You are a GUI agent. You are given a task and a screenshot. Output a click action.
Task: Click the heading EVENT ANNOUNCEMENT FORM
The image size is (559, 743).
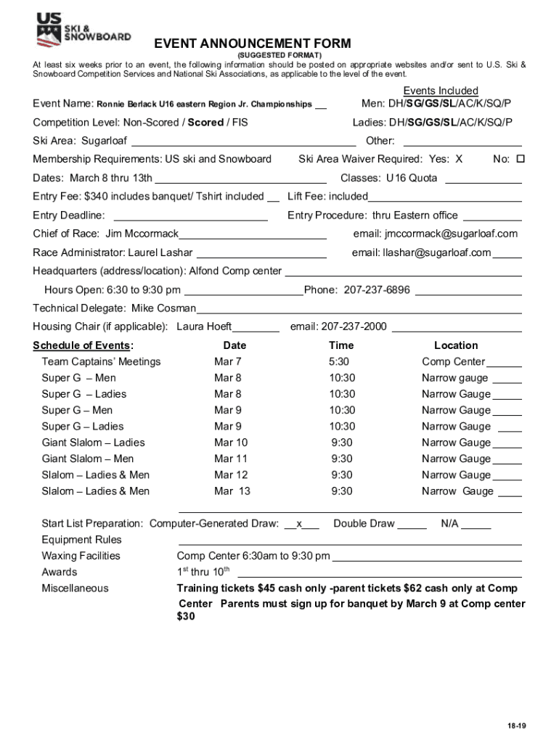(252, 44)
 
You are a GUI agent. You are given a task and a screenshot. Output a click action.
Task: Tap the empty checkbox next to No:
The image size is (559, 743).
(519, 159)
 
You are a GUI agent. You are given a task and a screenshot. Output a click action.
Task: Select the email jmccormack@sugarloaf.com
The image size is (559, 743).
(436, 234)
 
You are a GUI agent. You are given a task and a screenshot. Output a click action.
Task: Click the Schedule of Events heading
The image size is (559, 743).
(83, 345)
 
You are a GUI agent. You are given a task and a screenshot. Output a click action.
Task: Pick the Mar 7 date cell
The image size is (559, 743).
(228, 362)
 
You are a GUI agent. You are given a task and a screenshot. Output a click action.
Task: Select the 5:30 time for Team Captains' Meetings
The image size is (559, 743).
(339, 362)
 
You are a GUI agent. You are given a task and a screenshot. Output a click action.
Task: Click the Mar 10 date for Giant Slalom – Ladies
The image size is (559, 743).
(231, 443)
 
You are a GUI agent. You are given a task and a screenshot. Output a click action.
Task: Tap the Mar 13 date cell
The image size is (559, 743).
(232, 491)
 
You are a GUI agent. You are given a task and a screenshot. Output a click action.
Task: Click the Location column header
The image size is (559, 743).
(456, 345)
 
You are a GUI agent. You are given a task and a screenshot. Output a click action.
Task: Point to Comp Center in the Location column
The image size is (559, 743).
(453, 362)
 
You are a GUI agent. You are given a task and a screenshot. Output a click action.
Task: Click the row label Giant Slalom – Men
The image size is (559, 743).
(88, 459)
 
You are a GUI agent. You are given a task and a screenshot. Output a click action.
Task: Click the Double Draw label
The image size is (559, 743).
(364, 524)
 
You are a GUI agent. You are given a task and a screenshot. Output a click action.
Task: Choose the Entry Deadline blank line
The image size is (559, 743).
(191, 215)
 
